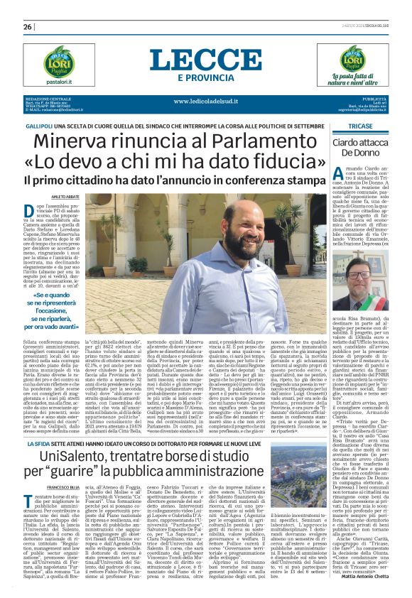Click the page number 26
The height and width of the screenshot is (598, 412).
28,27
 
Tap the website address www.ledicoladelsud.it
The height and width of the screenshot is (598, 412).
205,102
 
